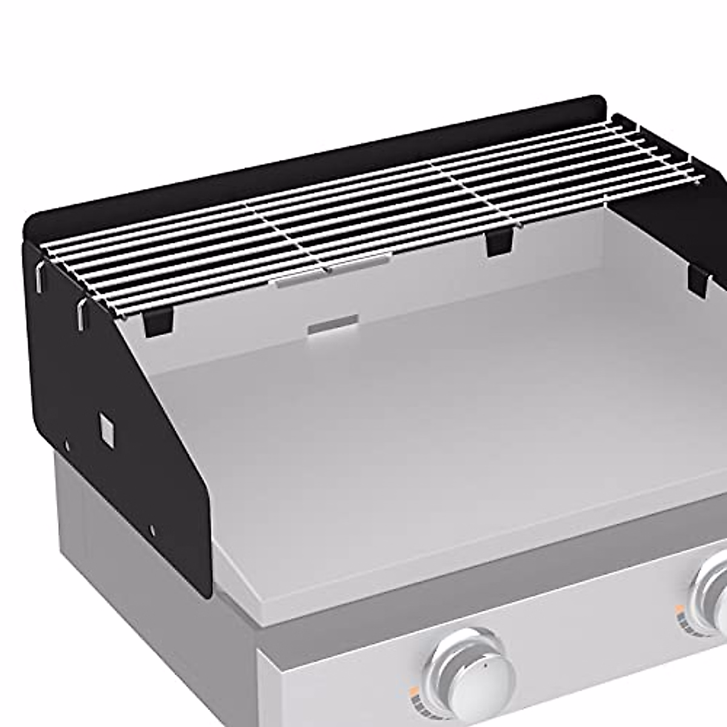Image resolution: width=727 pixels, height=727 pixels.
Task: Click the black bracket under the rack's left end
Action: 159,322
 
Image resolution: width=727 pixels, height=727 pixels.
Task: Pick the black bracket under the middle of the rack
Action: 499,243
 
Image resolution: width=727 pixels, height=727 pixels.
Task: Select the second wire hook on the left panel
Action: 81,312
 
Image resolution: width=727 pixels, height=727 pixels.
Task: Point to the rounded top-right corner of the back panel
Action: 600,102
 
